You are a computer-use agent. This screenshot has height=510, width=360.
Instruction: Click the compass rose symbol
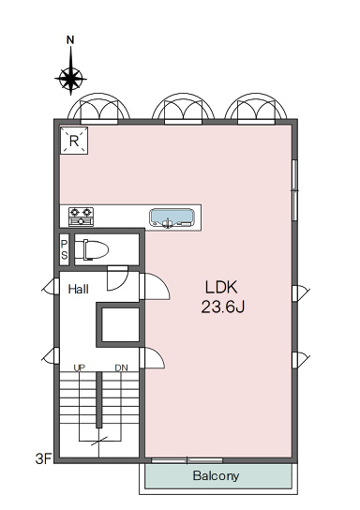[x=70, y=79]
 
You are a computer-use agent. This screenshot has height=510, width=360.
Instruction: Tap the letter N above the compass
[x=70, y=40]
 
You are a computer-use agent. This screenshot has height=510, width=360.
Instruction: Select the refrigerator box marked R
[x=74, y=141]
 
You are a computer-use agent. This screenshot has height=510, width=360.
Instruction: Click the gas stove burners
[x=81, y=217]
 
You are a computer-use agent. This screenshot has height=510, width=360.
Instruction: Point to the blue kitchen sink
[x=172, y=217]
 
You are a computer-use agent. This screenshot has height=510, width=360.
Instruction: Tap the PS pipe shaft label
[x=65, y=249]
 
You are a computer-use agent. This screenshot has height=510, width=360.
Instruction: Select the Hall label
[x=79, y=289]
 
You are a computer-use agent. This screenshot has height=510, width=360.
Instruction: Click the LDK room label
[x=221, y=287]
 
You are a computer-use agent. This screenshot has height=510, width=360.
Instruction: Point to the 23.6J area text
[x=223, y=307]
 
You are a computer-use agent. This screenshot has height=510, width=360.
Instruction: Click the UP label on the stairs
[x=80, y=367]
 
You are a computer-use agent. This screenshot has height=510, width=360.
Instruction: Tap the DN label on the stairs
[x=121, y=367]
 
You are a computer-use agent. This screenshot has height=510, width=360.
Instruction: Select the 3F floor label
[x=43, y=459]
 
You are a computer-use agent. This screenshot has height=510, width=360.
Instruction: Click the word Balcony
[x=216, y=476]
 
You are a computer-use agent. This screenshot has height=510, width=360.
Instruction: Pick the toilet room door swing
[x=118, y=278]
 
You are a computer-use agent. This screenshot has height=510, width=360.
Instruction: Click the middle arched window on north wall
[x=184, y=109]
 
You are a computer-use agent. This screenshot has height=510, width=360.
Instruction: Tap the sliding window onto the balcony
[x=187, y=460]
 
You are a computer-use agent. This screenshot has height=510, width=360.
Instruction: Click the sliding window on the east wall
[x=294, y=190]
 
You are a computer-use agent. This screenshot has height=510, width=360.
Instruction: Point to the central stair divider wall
[x=98, y=399]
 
